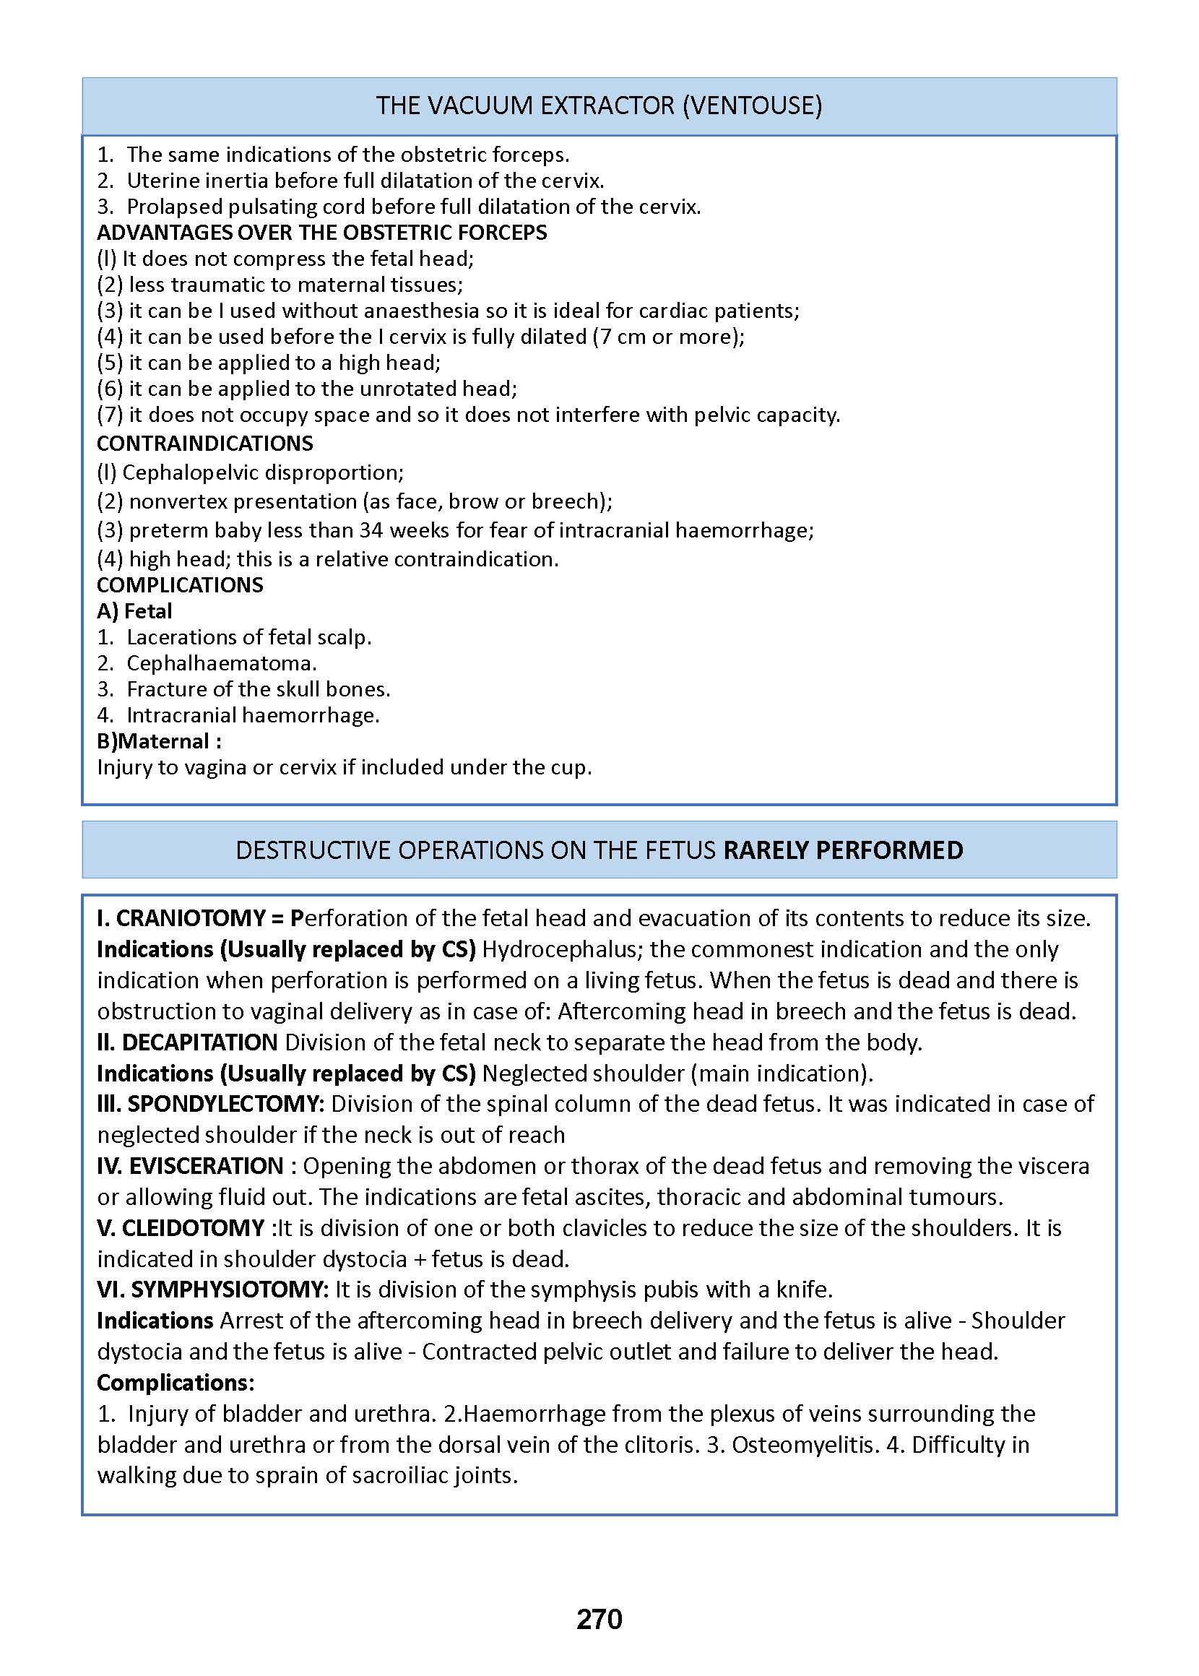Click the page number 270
(599, 1618)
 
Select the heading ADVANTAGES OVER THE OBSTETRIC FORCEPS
(322, 233)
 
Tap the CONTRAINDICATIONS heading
(205, 443)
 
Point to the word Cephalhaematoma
(222, 663)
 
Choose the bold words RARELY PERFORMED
(842, 850)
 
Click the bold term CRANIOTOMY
(191, 917)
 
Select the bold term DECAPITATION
(199, 1042)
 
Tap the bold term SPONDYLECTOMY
(225, 1104)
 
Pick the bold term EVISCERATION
(206, 1165)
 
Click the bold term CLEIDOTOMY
(193, 1227)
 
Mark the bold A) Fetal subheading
(134, 610)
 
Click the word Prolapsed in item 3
(174, 206)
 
